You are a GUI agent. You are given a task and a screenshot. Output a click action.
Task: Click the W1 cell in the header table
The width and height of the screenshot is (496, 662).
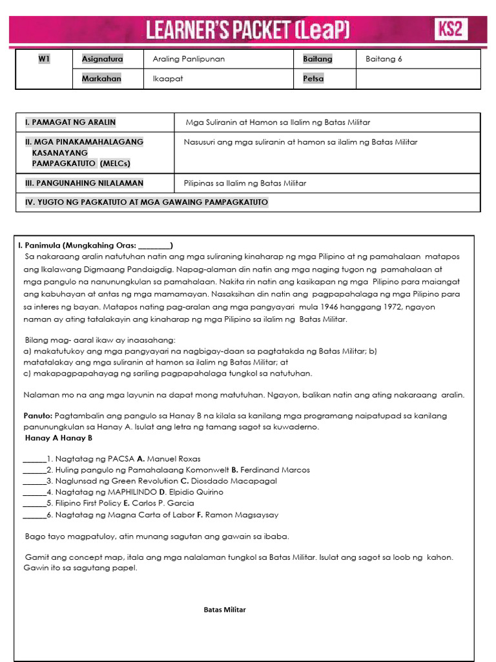pos(44,59)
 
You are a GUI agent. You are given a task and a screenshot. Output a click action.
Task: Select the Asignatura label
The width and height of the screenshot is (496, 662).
pos(102,59)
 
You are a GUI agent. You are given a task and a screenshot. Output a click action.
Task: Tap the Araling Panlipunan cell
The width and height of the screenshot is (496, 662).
pos(189,59)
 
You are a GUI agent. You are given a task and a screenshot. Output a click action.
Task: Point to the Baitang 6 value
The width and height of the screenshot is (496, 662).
pos(384,59)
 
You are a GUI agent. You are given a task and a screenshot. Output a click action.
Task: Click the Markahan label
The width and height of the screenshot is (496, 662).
pos(101,78)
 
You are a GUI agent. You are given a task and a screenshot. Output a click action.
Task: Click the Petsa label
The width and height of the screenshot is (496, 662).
pos(313,78)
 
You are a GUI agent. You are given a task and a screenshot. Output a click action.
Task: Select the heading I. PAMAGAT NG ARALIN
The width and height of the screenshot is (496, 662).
pos(70,122)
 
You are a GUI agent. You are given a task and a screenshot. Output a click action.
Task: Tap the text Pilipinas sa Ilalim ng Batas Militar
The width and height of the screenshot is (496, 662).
pos(245,183)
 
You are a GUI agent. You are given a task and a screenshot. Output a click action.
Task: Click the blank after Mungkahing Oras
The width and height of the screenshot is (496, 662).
pos(154,246)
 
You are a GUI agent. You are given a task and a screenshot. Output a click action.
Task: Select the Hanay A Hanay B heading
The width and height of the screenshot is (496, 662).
pos(59,438)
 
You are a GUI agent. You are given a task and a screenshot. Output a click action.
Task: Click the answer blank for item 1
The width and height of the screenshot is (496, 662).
pos(34,458)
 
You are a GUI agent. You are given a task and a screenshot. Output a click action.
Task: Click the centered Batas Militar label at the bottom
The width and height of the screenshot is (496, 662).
pos(225,610)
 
